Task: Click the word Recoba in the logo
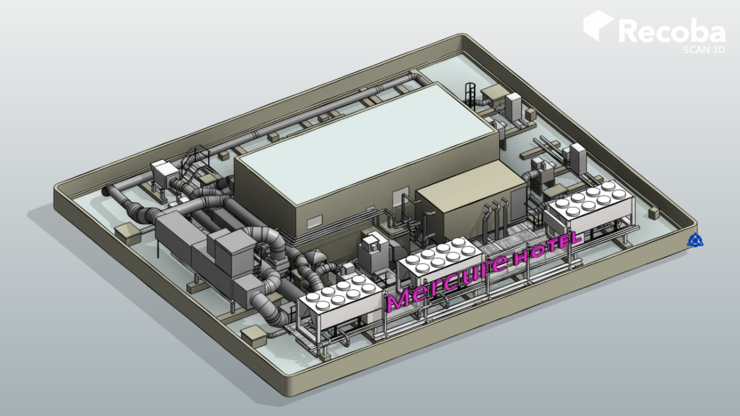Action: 672,31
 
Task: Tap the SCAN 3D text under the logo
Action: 704,50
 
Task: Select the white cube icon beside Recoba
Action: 598,25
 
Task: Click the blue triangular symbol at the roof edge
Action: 695,240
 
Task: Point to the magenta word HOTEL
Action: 547,249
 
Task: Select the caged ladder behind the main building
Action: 471,94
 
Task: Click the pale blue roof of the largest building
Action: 367,144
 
